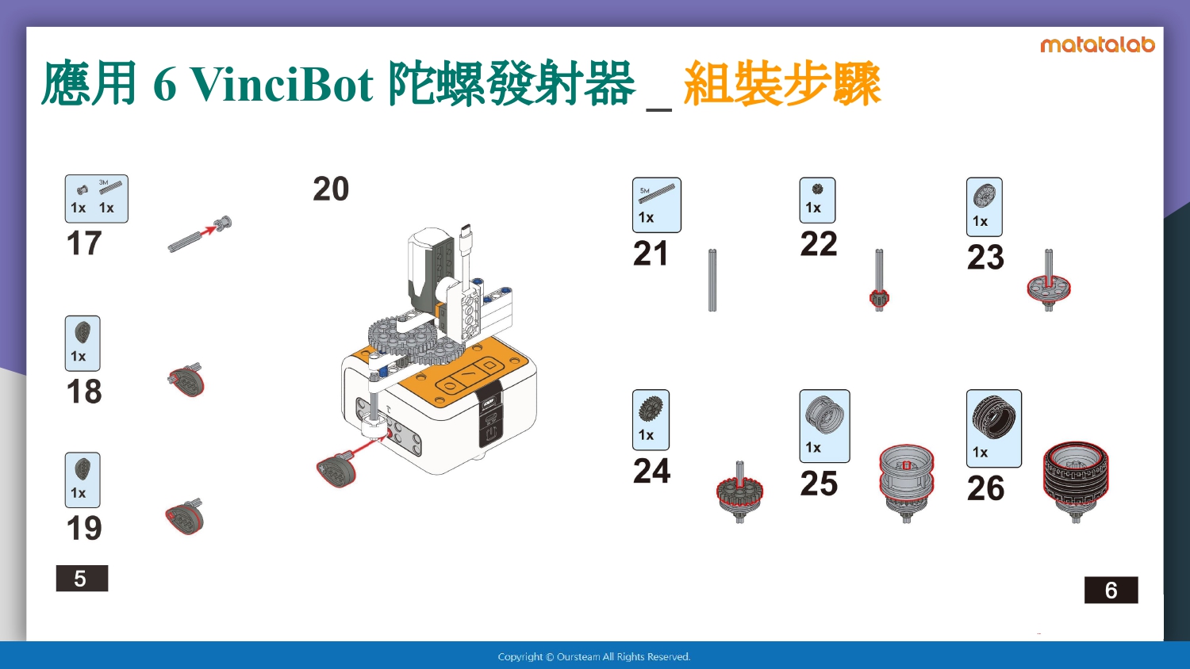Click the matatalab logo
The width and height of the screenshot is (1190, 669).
(1097, 45)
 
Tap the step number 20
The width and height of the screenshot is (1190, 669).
(331, 189)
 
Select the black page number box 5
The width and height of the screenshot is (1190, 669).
(82, 578)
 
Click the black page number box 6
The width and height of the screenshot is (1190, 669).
(1111, 590)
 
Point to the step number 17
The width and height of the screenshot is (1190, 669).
(84, 243)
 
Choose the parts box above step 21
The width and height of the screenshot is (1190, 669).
(657, 205)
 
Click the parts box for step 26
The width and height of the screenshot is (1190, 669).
(993, 429)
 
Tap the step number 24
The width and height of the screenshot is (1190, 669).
(651, 471)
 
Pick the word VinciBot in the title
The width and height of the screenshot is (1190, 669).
(282, 84)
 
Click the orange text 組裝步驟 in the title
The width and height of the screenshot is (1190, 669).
(782, 84)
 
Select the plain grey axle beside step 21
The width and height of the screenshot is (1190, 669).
(712, 280)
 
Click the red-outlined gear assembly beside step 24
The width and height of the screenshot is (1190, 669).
(739, 492)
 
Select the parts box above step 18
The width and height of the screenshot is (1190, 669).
(83, 343)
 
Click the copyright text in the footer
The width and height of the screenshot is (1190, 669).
(594, 657)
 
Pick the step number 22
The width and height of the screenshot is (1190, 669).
(819, 244)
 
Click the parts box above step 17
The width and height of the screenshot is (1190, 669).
(96, 199)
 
